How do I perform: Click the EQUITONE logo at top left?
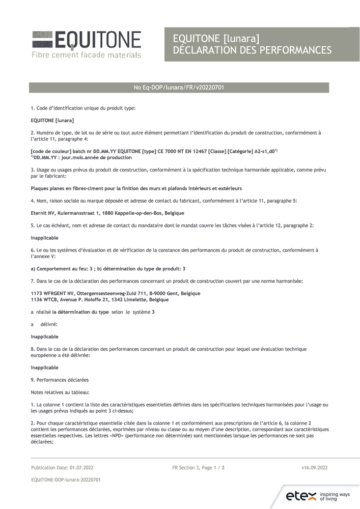[87, 40]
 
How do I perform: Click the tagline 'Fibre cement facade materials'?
[87, 54]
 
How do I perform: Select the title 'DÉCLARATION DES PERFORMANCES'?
[252, 50]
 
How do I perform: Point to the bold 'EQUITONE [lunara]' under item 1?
[52, 121]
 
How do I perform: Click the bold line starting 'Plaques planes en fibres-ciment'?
[136, 188]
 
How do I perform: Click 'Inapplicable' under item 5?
[44, 238]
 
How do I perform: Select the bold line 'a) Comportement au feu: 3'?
[66, 268]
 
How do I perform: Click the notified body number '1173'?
[37, 293]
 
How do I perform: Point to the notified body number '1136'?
[37, 299]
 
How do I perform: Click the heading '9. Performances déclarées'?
[60, 380]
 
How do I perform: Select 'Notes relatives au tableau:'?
[60, 392]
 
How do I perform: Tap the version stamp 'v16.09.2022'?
[314, 467]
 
